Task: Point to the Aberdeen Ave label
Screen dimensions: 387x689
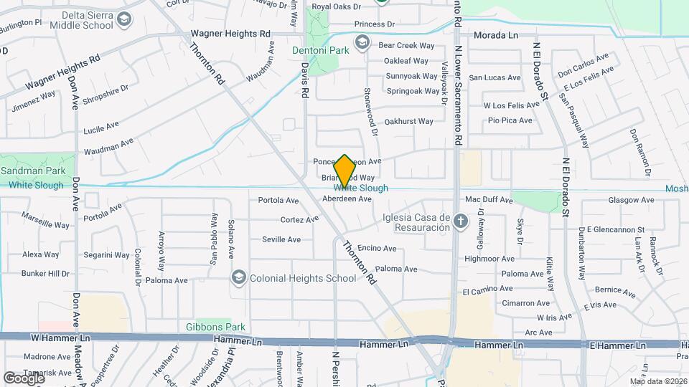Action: click(347, 199)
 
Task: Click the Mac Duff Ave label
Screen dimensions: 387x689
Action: click(489, 199)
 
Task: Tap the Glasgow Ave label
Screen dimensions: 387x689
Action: click(631, 200)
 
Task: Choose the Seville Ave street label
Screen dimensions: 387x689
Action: click(281, 239)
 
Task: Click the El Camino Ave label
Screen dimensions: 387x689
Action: click(487, 290)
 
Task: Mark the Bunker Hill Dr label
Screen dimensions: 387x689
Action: click(44, 273)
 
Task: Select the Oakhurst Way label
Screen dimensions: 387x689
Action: click(408, 122)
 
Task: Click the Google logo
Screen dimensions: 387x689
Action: click(24, 378)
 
